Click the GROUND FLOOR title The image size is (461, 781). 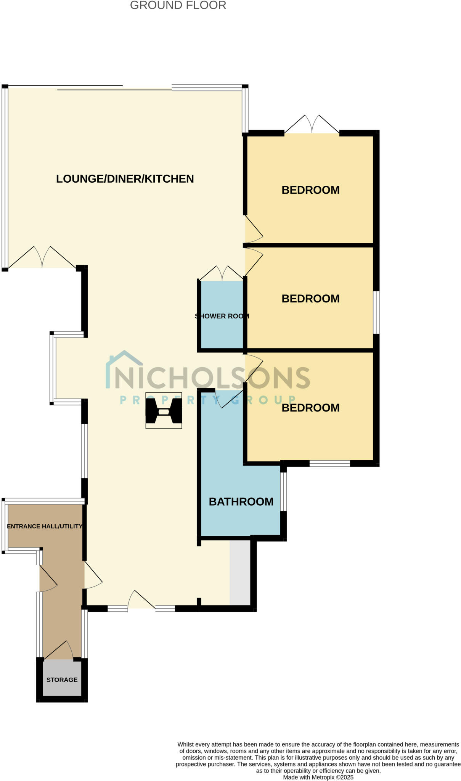click(178, 5)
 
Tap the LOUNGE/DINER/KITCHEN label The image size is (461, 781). click(125, 179)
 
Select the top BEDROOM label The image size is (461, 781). click(310, 190)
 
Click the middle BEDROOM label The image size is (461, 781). click(310, 299)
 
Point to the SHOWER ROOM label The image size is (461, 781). click(222, 316)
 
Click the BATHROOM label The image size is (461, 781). click(241, 501)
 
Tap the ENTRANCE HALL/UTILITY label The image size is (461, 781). click(45, 526)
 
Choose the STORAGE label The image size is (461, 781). click(62, 680)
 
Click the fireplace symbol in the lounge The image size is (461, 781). click(164, 411)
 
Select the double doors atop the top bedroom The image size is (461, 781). click(312, 124)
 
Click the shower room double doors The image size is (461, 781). click(222, 273)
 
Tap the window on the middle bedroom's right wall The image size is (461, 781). click(376, 313)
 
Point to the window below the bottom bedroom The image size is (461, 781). click(329, 464)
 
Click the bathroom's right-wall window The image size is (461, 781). click(284, 492)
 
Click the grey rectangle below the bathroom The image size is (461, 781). click(240, 572)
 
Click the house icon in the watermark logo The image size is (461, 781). click(124, 366)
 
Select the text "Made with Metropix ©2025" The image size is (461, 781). click(318, 777)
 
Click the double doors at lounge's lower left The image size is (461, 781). click(42, 257)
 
